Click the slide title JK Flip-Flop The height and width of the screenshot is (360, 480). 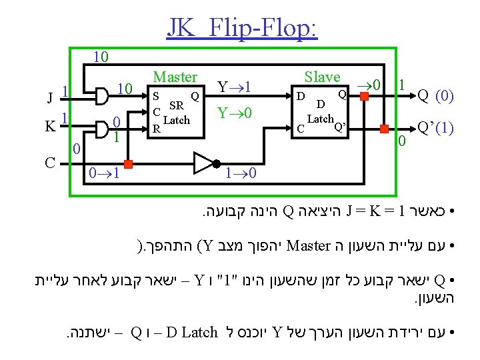(243, 28)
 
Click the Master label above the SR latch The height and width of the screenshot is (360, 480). (175, 77)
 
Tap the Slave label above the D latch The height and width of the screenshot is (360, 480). (322, 77)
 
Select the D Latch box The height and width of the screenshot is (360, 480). (323, 110)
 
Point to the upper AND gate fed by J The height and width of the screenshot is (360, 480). (101, 97)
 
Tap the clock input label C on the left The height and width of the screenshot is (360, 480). (50, 162)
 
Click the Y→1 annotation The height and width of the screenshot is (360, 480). (234, 87)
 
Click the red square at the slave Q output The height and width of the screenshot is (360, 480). (364, 96)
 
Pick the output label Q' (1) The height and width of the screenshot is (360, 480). (435, 127)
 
